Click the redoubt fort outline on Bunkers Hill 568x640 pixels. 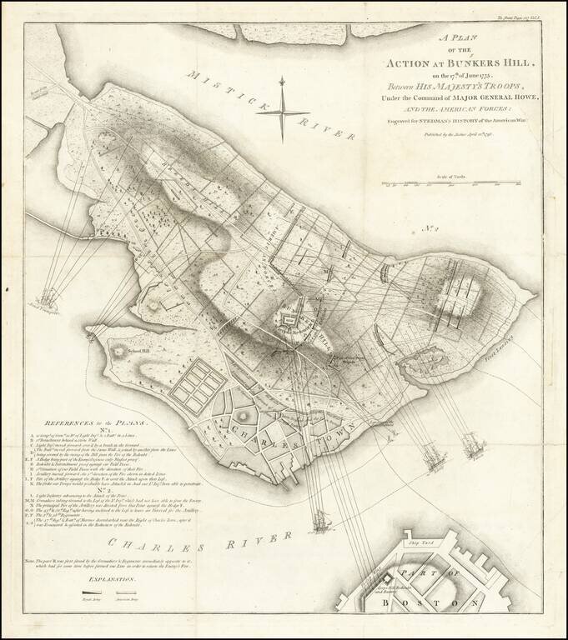(298, 320)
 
